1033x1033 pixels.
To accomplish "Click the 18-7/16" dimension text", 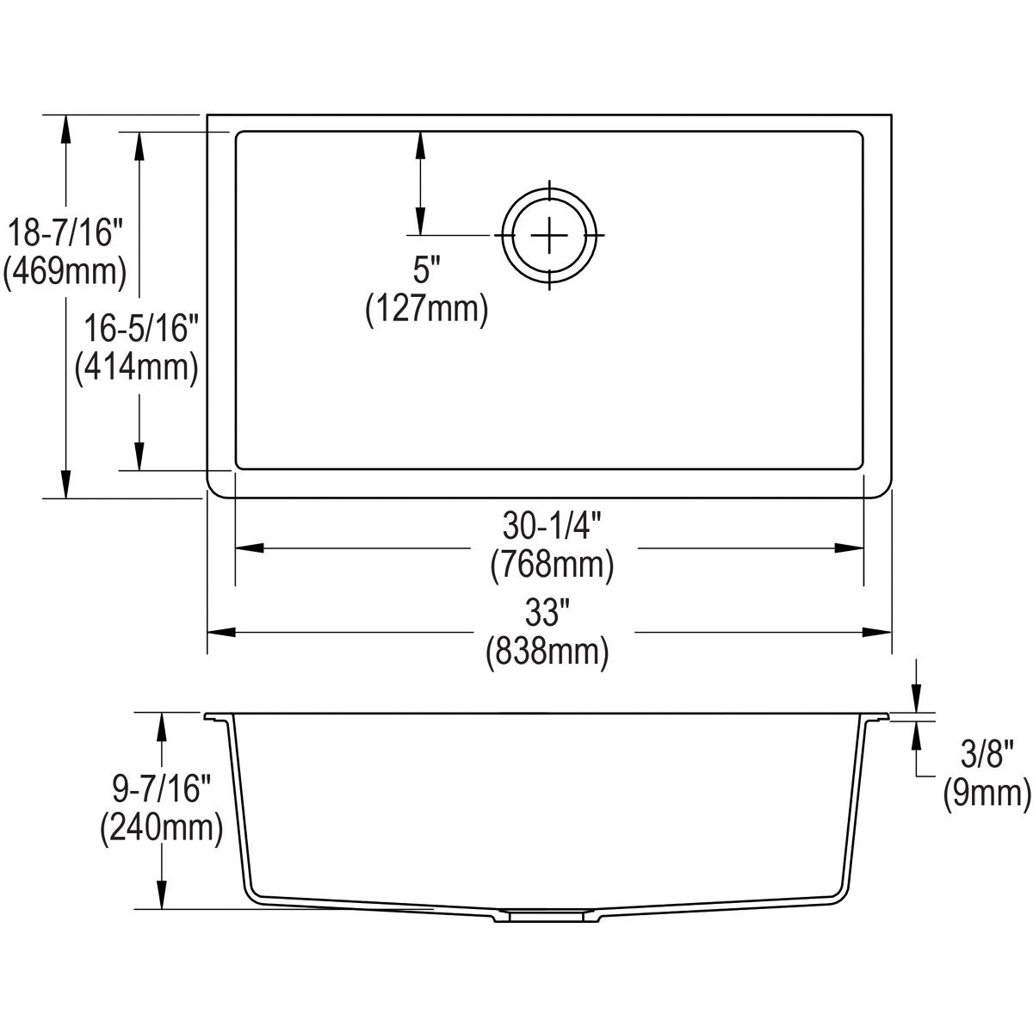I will point(65,233).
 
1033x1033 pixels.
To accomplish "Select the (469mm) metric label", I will point(65,272).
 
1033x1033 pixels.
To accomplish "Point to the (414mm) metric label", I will point(138,368).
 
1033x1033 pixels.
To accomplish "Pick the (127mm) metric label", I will point(427,309).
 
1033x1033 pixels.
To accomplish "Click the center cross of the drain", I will point(549,235).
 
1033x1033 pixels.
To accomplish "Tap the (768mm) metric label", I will point(551,566).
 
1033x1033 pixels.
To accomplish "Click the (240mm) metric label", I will point(161,828).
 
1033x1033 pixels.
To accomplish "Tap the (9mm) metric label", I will point(987,794).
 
